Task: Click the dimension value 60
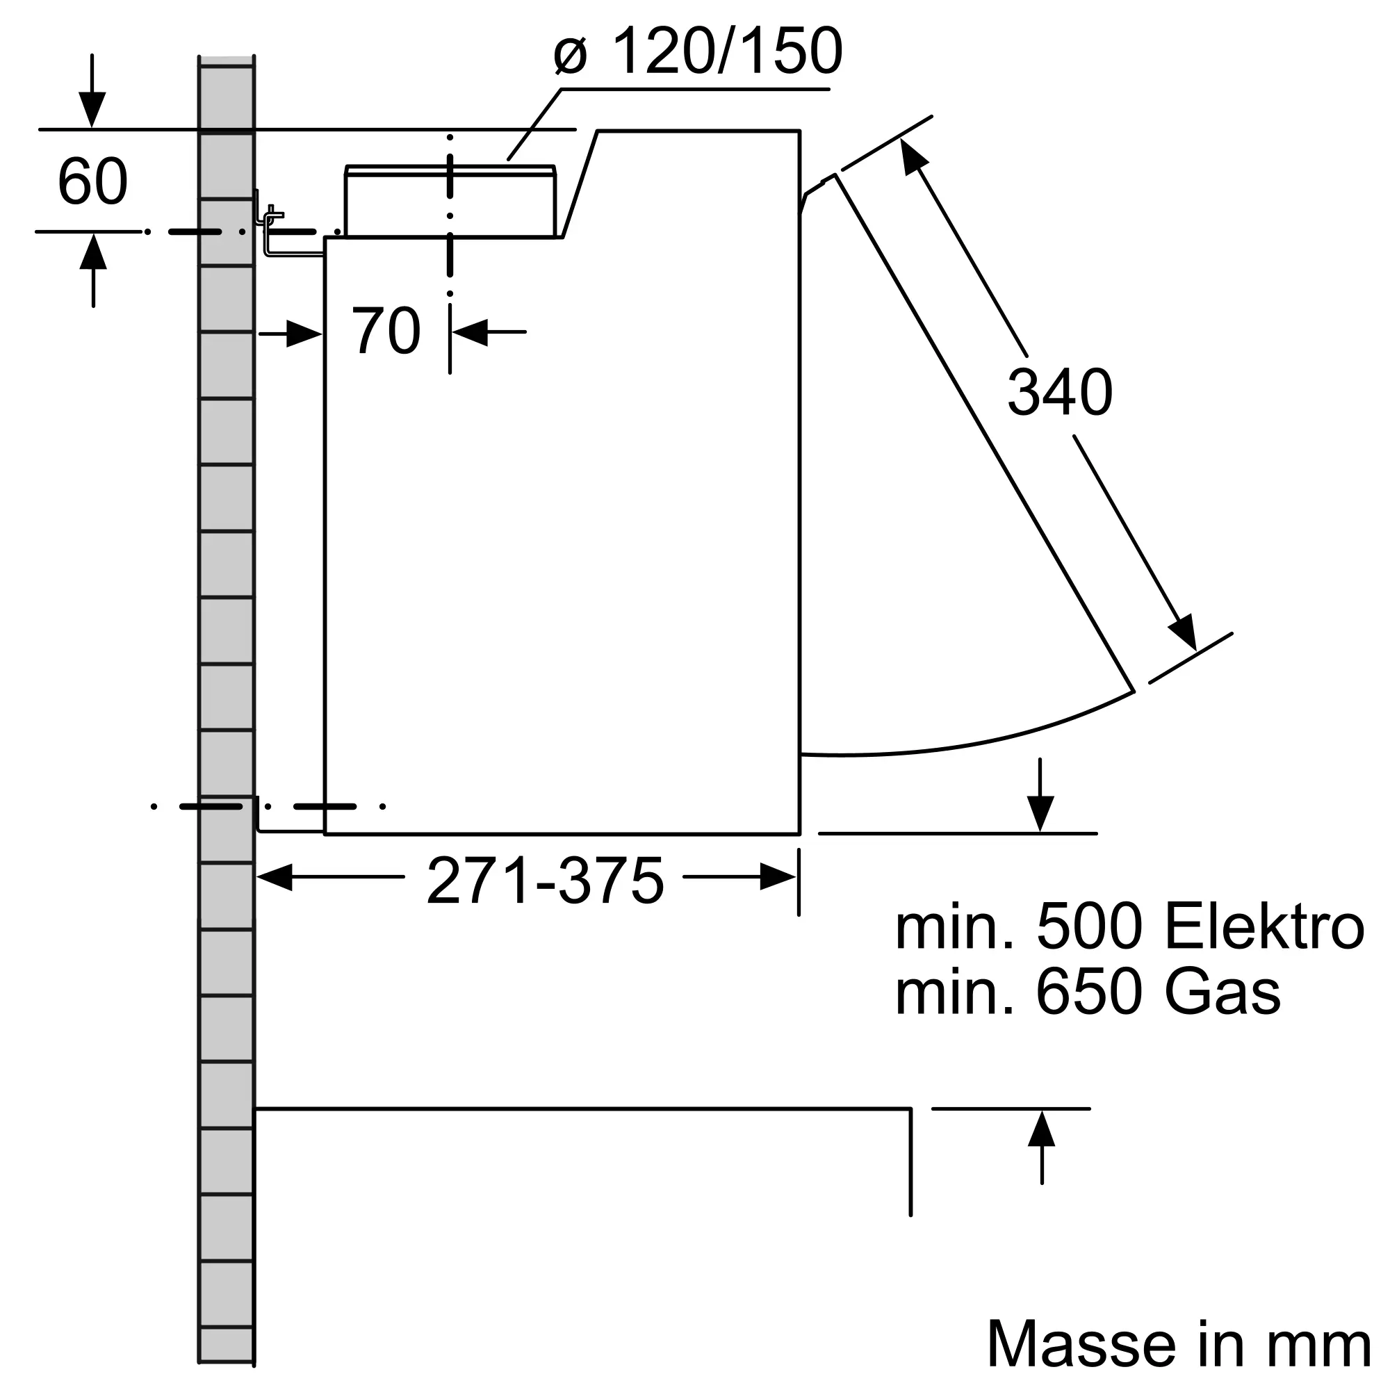pyautogui.click(x=93, y=181)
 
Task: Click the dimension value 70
pyautogui.click(x=386, y=331)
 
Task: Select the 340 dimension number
pyautogui.click(x=1060, y=393)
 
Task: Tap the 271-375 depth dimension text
pyautogui.click(x=545, y=881)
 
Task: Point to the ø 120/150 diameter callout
pyautogui.click(x=698, y=52)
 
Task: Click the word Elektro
pyautogui.click(x=1264, y=928)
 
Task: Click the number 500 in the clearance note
pyautogui.click(x=1088, y=928)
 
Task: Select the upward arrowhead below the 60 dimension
pyautogui.click(x=93, y=252)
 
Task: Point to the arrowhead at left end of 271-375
pyautogui.click(x=274, y=877)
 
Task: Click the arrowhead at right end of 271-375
pyautogui.click(x=778, y=877)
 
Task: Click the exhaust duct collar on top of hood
pyautogui.click(x=450, y=202)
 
